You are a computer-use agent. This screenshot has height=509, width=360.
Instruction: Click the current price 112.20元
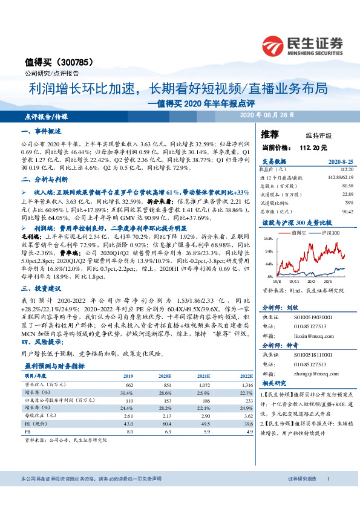tap(312, 147)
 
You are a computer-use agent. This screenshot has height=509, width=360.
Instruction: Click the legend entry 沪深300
tap(331, 233)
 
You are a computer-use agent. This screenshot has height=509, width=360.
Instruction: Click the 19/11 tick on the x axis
tap(295, 282)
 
